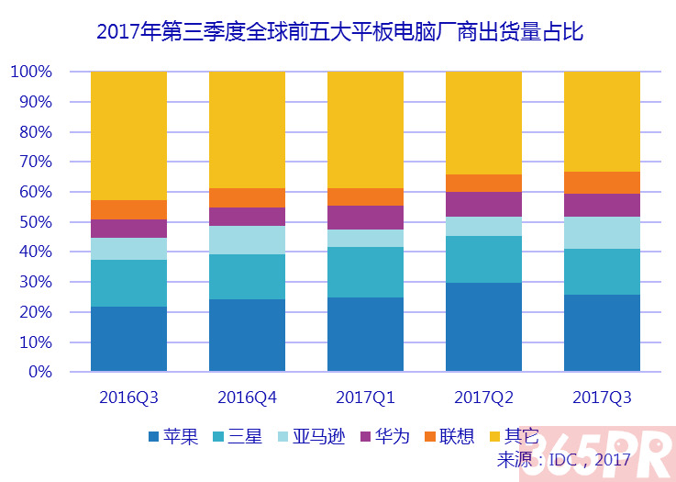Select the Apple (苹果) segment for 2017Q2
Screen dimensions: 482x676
[483, 328]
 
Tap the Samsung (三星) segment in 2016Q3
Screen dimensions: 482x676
[128, 284]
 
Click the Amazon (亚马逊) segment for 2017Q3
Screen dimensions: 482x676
[602, 232]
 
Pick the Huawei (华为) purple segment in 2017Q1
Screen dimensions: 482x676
[365, 218]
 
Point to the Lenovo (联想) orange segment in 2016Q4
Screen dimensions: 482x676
[247, 197]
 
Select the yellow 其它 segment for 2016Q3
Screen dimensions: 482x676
[128, 135]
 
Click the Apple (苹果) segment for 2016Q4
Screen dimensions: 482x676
[247, 336]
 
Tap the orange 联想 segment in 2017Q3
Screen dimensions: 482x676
[602, 183]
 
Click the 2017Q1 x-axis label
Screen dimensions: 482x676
[365, 398]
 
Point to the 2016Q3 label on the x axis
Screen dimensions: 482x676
[128, 398]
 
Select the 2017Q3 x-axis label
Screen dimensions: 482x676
[602, 398]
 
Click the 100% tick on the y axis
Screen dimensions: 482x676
[31, 72]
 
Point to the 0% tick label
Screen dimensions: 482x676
[39, 373]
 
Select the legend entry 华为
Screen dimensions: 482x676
[395, 436]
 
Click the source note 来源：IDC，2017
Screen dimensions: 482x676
[563, 458]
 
